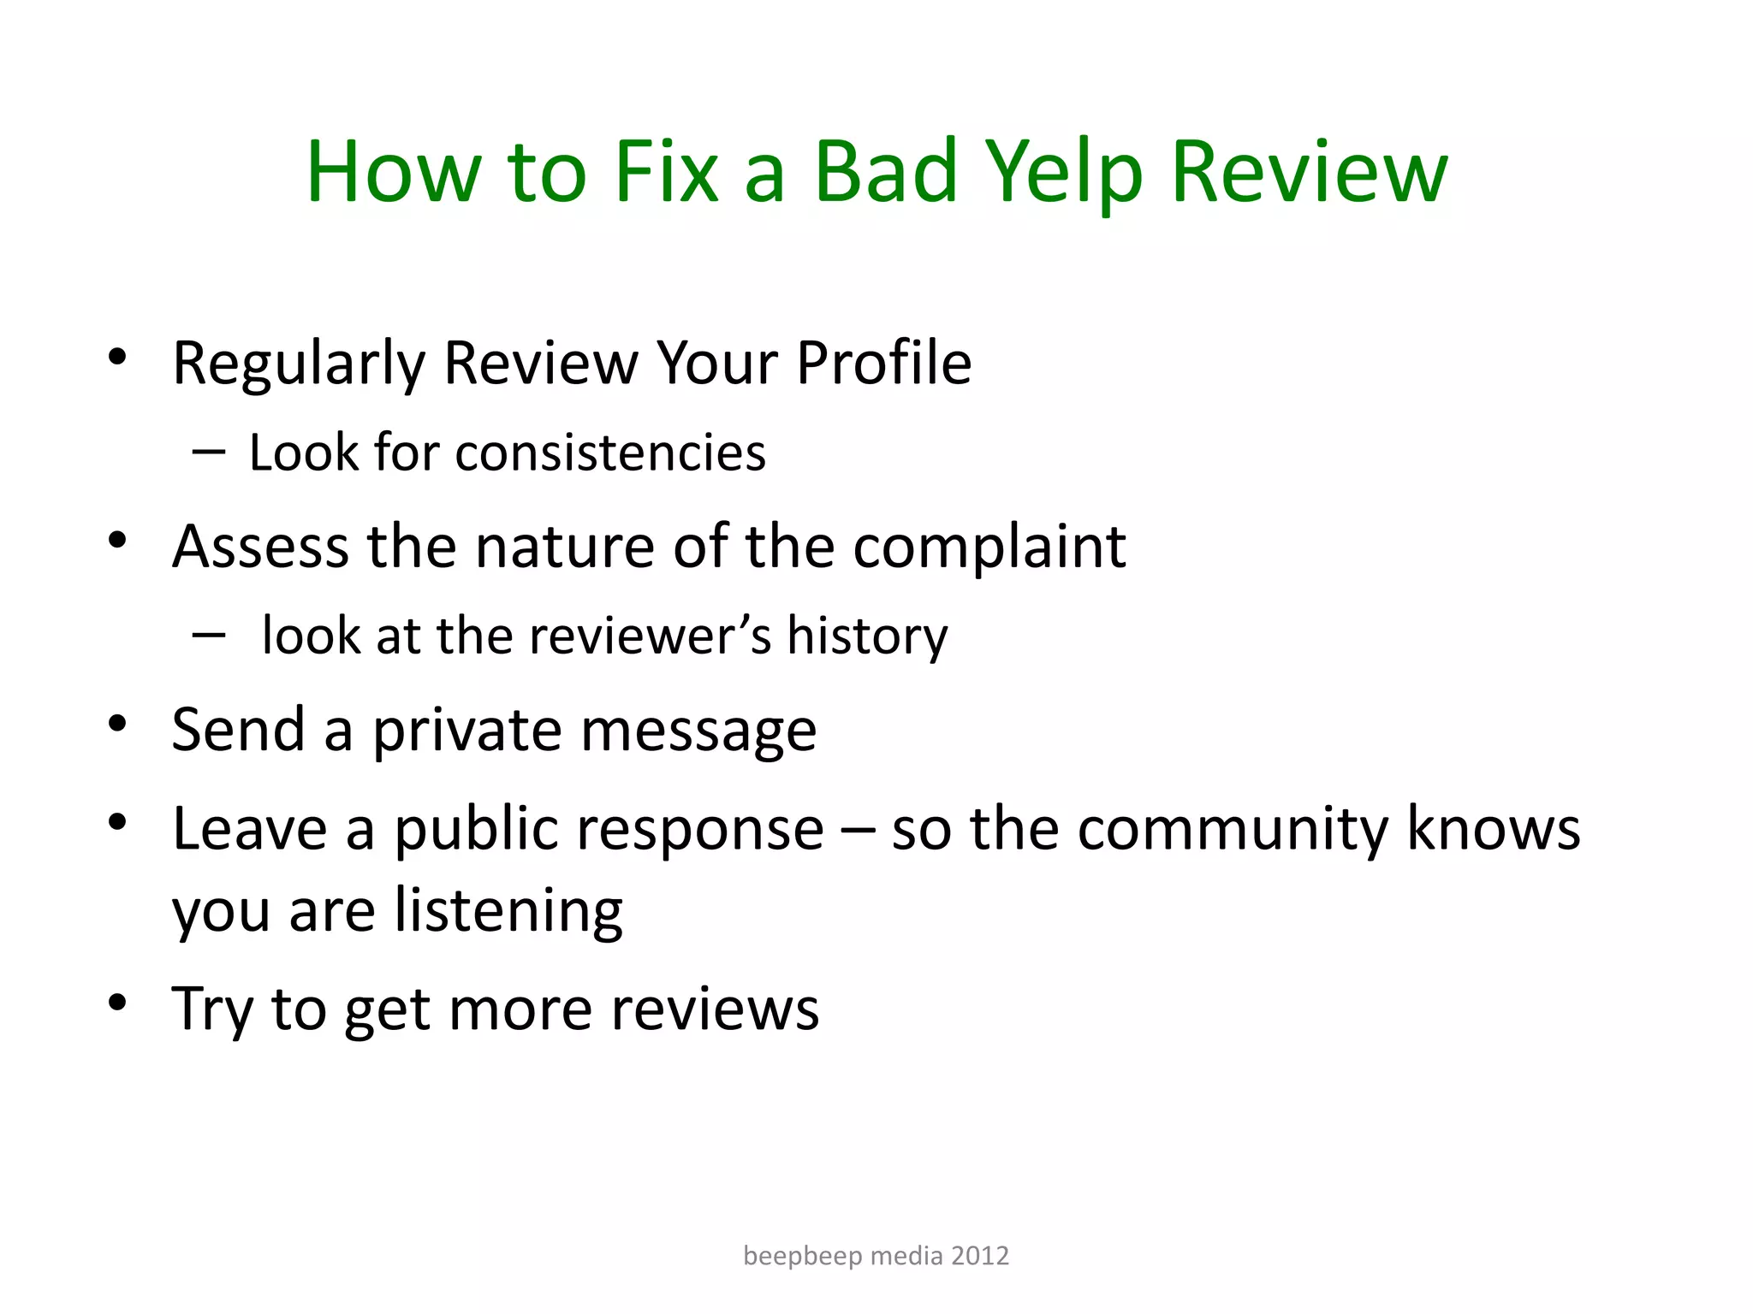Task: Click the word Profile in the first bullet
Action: [x=883, y=363]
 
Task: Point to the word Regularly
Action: [x=299, y=364]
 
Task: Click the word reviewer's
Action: [x=651, y=636]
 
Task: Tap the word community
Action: [x=1233, y=830]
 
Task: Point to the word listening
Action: [x=508, y=911]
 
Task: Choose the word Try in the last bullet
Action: [x=212, y=1010]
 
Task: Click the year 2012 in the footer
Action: [x=980, y=1256]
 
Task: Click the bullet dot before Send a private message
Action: [x=118, y=725]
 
